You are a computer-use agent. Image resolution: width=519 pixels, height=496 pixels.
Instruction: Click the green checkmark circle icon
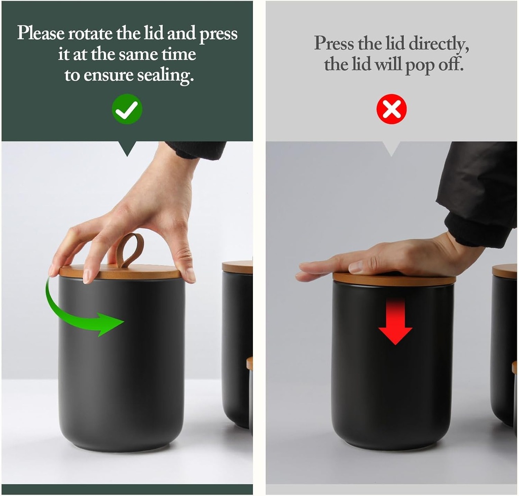click(127, 109)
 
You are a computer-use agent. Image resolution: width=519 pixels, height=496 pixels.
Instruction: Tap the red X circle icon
click(391, 109)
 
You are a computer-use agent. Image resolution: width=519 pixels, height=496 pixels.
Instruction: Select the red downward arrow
click(395, 323)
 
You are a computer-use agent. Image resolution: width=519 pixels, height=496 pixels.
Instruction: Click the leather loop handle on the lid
click(130, 250)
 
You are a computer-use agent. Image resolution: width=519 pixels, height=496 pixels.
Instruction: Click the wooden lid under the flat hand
click(394, 279)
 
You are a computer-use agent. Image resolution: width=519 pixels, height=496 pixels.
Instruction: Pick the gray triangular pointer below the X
click(391, 148)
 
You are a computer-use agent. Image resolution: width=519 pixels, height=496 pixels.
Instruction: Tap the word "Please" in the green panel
click(41, 33)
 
